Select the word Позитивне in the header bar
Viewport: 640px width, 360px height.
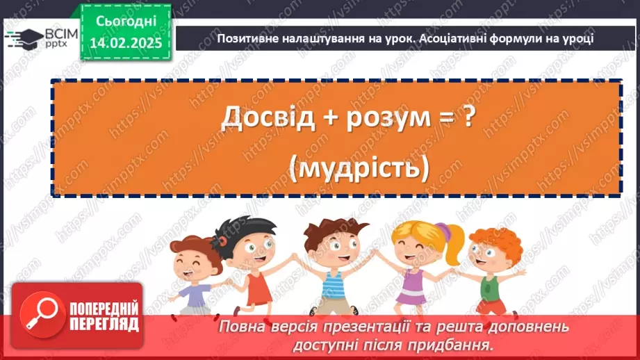pos(247,38)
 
